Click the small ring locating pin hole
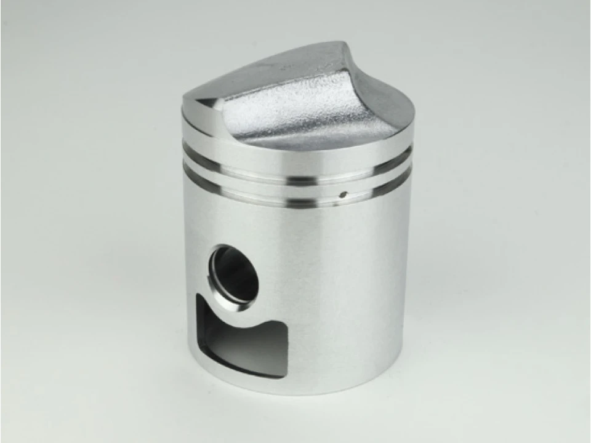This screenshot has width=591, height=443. (x=344, y=197)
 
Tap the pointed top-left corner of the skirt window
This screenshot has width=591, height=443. (x=198, y=296)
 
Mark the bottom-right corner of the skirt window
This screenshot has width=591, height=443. (x=284, y=375)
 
